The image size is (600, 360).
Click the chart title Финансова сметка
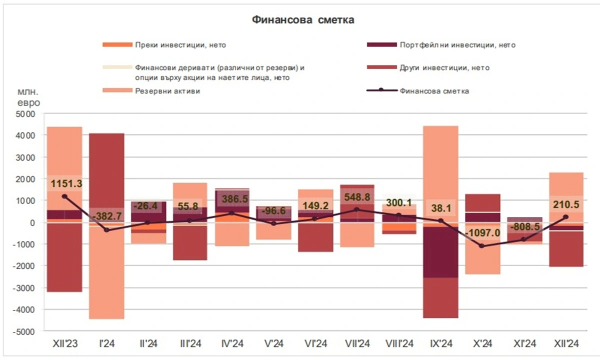[303, 20]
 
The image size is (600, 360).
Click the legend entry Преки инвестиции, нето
[180, 45]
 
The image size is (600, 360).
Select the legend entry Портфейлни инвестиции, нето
[457, 45]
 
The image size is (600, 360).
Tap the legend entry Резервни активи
[167, 91]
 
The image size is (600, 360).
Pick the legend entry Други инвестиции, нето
[444, 68]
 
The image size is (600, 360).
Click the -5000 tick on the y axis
[24, 331]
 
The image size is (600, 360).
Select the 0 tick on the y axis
[32, 222]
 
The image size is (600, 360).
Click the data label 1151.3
[65, 184]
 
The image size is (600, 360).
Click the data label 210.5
[566, 204]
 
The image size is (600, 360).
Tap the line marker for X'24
[482, 246]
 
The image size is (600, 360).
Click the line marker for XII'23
[64, 196]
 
